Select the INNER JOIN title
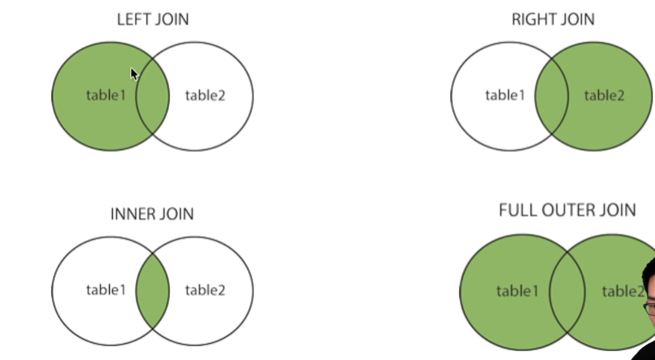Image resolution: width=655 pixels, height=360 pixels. (x=152, y=214)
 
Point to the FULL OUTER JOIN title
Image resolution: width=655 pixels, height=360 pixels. (x=567, y=210)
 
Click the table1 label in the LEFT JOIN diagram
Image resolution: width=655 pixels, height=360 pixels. (x=106, y=96)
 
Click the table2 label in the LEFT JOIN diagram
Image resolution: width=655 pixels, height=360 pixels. (x=205, y=96)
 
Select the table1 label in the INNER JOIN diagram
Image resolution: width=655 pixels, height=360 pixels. (x=106, y=289)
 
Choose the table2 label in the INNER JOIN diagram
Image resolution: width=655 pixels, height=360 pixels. (x=205, y=289)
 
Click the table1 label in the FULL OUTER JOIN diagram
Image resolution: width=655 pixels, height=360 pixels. (x=517, y=290)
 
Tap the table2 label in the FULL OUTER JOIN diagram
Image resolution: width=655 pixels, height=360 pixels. (x=623, y=290)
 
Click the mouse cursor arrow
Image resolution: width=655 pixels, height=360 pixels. (x=134, y=74)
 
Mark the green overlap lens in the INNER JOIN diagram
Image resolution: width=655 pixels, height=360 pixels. (x=152, y=290)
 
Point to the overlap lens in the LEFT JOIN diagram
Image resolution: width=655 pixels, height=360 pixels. (x=152, y=97)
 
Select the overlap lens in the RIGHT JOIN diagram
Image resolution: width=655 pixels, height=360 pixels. (x=551, y=96)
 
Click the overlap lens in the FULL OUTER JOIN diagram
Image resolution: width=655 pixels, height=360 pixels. (x=567, y=291)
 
